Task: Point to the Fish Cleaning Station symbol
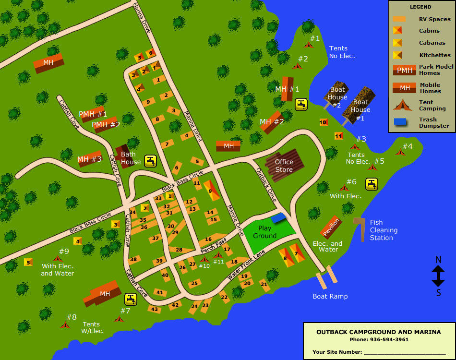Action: [360, 228]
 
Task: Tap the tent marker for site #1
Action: [308, 45]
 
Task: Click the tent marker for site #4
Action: [400, 153]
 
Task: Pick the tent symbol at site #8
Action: [65, 325]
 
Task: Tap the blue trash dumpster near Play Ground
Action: [278, 218]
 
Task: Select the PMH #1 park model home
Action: [93, 114]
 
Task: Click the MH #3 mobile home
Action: [90, 158]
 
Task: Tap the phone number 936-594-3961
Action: [389, 339]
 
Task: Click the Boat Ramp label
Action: [330, 296]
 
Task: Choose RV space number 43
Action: [154, 309]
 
